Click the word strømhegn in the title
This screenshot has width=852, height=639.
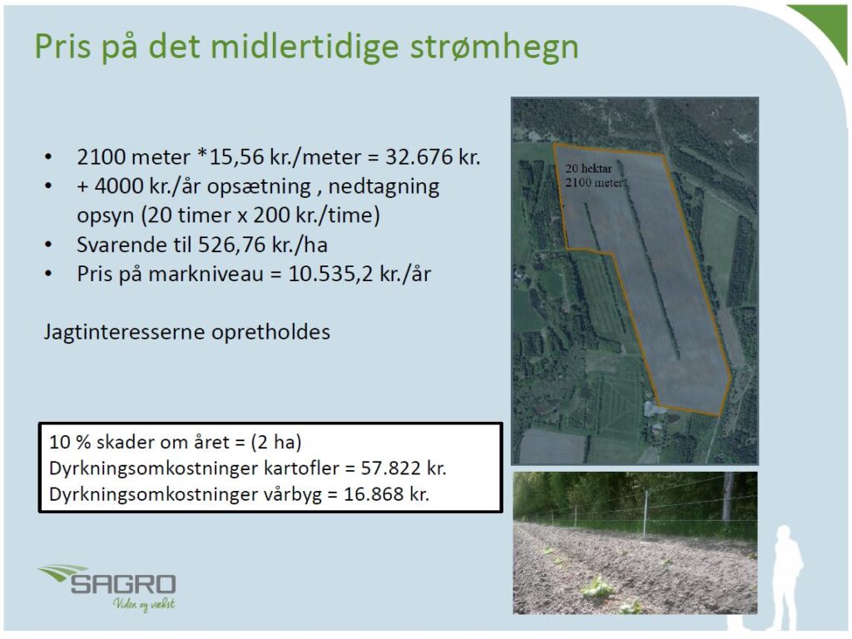(x=494, y=47)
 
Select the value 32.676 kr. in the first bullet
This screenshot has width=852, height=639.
(x=433, y=157)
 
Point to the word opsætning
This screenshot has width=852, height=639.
(x=260, y=187)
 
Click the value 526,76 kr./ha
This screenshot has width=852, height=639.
(x=262, y=245)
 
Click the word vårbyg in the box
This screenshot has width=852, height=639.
(x=293, y=495)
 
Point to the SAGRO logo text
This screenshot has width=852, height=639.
(x=123, y=585)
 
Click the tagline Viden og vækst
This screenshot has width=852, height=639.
(x=144, y=604)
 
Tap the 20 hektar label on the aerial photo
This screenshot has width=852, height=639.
(x=588, y=169)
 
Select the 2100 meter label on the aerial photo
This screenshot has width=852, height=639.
(x=594, y=182)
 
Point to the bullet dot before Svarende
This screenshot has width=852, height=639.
(x=48, y=245)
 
